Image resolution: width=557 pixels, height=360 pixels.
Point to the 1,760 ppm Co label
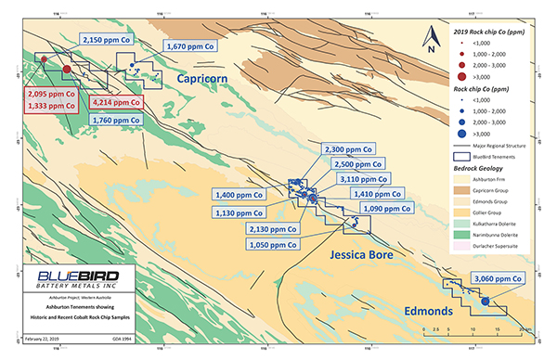(x=116, y=119)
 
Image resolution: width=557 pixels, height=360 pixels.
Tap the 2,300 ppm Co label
(x=349, y=148)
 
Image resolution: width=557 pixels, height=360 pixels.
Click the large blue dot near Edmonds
(x=484, y=301)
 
